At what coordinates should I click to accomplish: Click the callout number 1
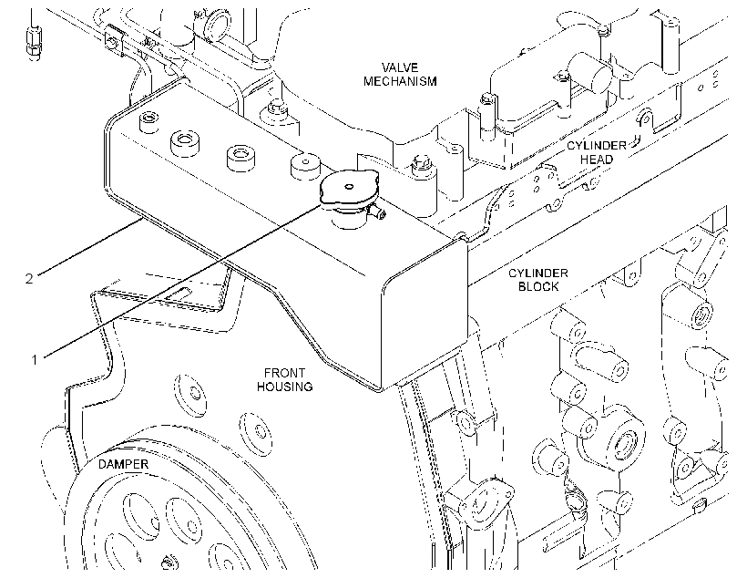35,359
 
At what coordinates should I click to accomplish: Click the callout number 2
29,278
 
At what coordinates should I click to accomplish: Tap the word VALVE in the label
400,67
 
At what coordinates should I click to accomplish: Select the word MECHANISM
400,81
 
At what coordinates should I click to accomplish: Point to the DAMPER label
123,464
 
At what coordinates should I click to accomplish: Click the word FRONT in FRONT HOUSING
284,373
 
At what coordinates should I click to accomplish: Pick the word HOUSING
285,387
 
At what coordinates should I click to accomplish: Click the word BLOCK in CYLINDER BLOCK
538,286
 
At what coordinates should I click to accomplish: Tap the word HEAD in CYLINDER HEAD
597,160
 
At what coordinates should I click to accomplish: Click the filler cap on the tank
349,189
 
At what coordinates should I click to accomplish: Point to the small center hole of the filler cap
349,187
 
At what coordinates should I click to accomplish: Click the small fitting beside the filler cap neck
378,212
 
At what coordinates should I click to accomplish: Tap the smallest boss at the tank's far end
148,121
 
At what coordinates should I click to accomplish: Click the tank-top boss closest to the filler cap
304,167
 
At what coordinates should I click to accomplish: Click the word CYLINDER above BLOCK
537,274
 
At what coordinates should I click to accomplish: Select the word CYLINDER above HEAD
597,146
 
